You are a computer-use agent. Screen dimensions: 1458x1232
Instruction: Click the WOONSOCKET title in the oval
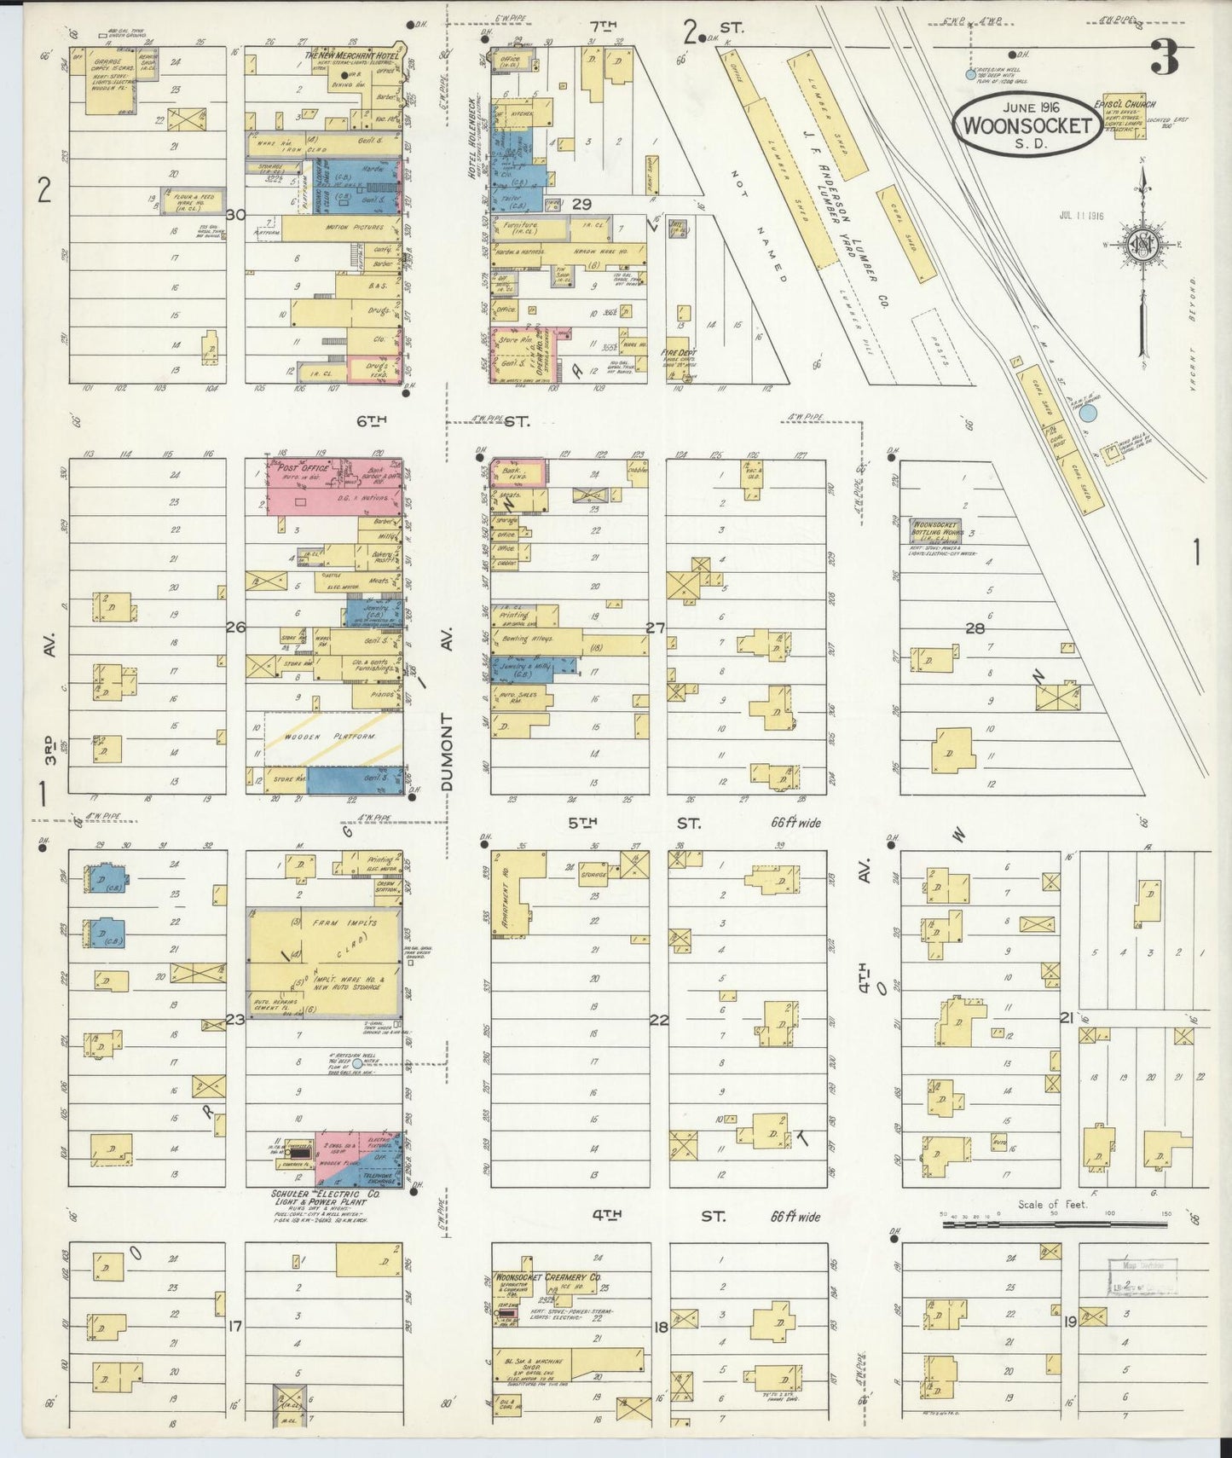click(1027, 125)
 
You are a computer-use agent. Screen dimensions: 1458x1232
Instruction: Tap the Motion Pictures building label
click(354, 229)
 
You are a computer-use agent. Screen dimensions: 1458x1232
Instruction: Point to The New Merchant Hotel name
click(351, 55)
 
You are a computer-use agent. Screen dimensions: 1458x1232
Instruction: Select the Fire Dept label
click(675, 352)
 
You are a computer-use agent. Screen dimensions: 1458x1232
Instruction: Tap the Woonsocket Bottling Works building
click(936, 529)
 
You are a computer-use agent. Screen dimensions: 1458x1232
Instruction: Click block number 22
click(658, 1019)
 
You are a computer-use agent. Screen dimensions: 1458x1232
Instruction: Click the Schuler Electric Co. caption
click(325, 1195)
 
